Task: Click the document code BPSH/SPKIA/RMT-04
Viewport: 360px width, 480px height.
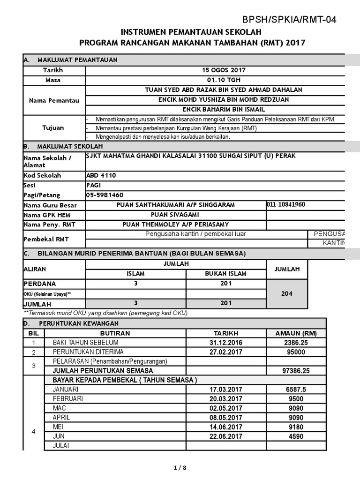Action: pyautogui.click(x=289, y=19)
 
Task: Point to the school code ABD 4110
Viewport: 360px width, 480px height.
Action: pyautogui.click(x=101, y=175)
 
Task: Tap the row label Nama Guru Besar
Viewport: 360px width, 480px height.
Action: pyautogui.click(x=50, y=205)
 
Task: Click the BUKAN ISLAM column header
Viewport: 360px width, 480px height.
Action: pyautogui.click(x=226, y=274)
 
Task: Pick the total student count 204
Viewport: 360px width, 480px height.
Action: pyautogui.click(x=287, y=293)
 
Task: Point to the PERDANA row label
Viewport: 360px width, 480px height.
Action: pyautogui.click(x=40, y=284)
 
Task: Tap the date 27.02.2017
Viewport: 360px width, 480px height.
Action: pyautogui.click(x=226, y=352)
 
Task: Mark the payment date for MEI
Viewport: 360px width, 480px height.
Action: pyautogui.click(x=226, y=427)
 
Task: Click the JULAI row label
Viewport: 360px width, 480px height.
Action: pyautogui.click(x=61, y=445)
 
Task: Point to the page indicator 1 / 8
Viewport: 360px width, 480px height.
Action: pyautogui.click(x=180, y=467)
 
